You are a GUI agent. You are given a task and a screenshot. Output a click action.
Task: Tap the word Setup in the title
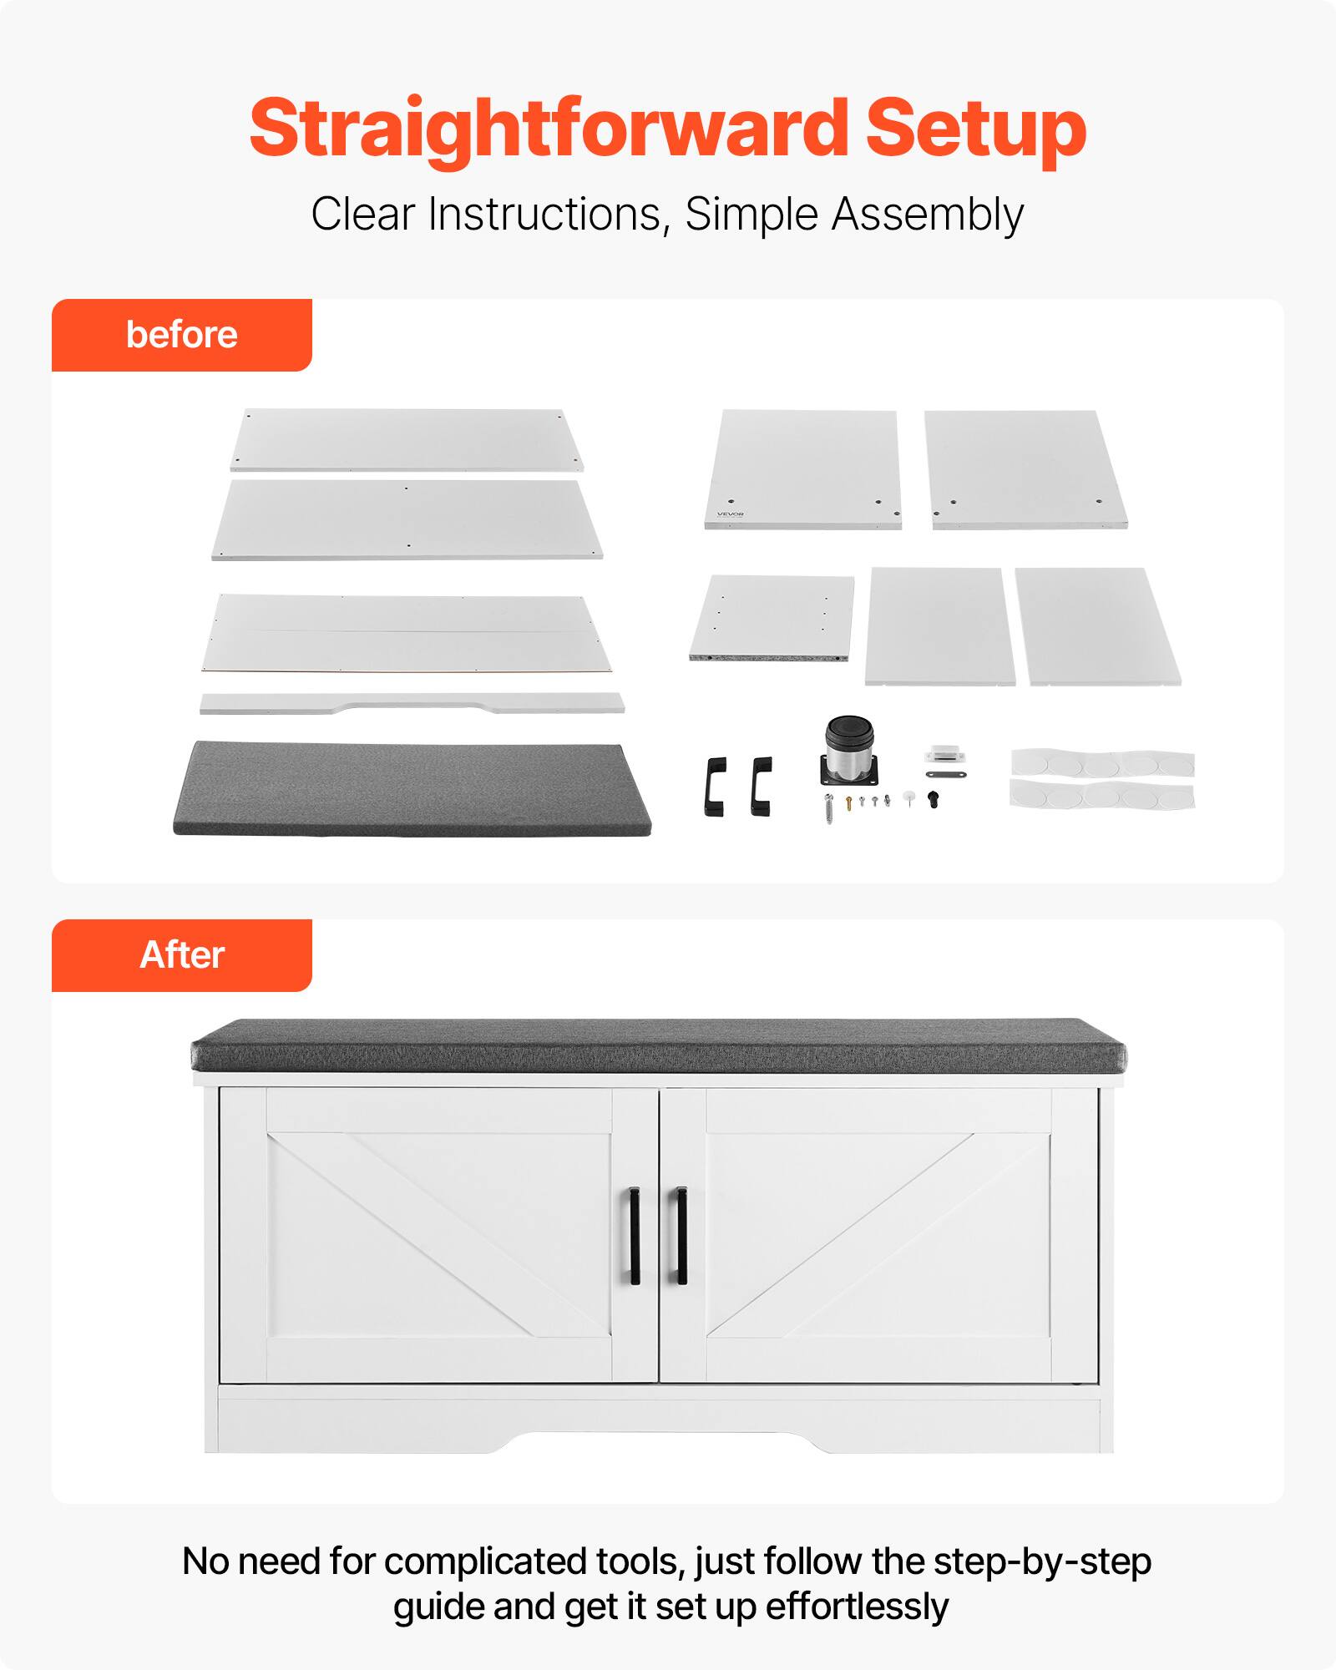point(975,128)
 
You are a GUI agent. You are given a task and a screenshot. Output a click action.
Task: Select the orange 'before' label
point(181,335)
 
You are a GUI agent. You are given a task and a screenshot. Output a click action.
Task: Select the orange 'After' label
point(181,955)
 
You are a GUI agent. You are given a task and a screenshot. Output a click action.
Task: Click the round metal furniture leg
point(849,751)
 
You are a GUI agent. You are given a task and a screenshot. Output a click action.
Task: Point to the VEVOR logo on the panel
point(730,514)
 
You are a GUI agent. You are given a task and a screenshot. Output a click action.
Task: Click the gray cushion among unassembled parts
point(411,788)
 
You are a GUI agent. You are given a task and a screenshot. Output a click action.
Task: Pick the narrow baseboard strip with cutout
point(412,703)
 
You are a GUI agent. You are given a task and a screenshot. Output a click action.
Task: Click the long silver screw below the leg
point(829,809)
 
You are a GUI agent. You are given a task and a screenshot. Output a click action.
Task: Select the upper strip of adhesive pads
point(1102,763)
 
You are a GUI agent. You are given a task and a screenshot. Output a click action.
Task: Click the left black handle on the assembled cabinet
point(635,1236)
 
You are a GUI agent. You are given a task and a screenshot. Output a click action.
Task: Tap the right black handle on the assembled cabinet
point(681,1236)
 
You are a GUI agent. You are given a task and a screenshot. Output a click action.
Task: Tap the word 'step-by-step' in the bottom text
point(1042,1561)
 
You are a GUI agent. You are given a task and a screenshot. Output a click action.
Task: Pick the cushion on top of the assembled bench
point(658,1045)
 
